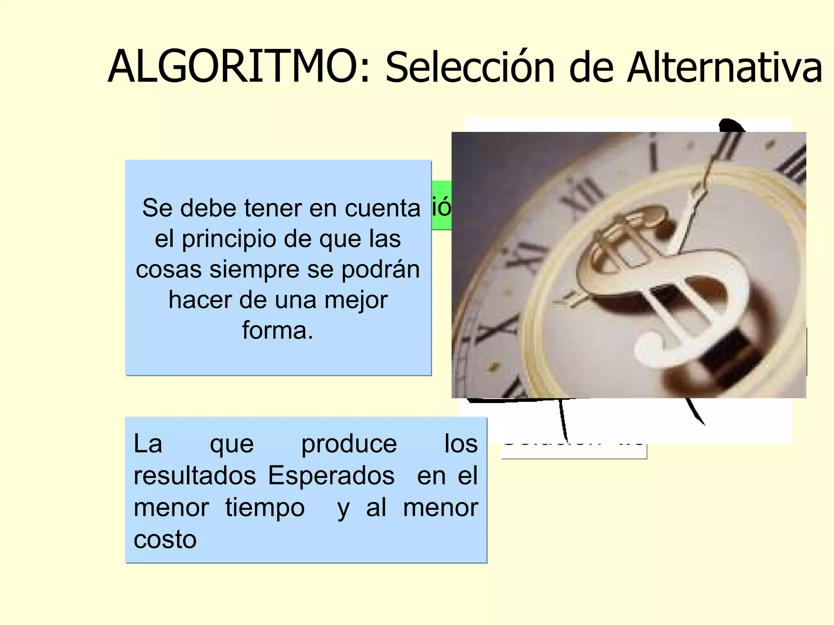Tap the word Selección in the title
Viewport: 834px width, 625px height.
pyautogui.click(x=470, y=68)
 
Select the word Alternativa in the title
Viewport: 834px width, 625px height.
pyautogui.click(x=725, y=67)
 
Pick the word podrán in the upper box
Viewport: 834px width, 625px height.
pyautogui.click(x=380, y=269)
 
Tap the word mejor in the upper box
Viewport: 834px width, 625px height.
pyautogui.click(x=356, y=300)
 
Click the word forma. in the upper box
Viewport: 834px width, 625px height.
pyautogui.click(x=278, y=330)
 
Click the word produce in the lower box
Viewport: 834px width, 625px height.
pyautogui.click(x=349, y=444)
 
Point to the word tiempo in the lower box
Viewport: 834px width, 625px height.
pyautogui.click(x=265, y=508)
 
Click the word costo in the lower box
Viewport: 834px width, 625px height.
pyautogui.click(x=165, y=540)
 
